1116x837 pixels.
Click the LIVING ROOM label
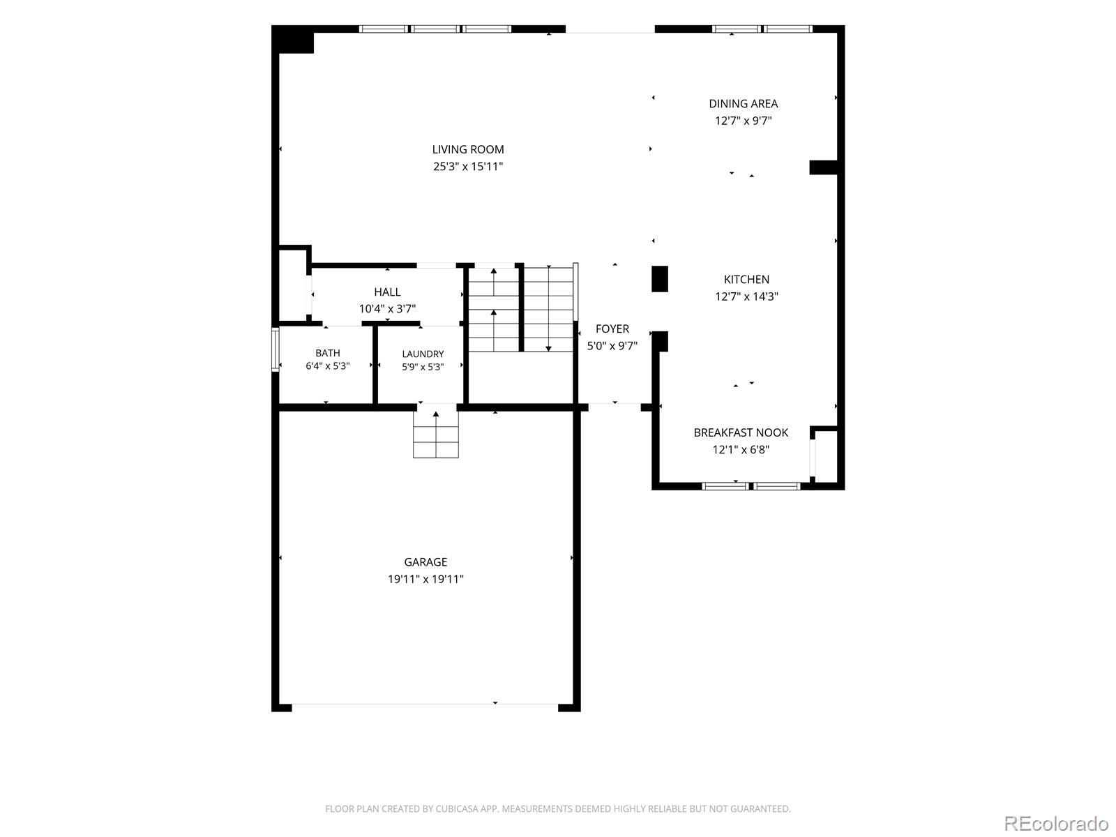(x=468, y=149)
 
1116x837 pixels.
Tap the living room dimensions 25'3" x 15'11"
(x=468, y=167)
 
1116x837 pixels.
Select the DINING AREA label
(x=744, y=104)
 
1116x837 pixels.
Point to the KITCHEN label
(x=746, y=280)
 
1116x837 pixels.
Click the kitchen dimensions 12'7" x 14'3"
(x=746, y=296)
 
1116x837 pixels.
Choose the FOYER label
(x=612, y=329)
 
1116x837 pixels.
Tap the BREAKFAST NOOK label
(x=741, y=432)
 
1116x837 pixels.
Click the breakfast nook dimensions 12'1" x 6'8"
(x=741, y=450)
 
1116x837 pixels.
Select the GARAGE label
(x=425, y=562)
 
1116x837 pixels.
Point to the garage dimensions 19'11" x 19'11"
(x=425, y=579)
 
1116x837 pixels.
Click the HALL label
(x=387, y=292)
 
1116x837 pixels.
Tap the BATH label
(x=327, y=353)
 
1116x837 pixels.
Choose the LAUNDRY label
(x=423, y=354)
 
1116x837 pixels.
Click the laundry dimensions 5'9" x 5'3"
(x=423, y=367)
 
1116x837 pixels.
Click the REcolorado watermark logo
(x=1056, y=823)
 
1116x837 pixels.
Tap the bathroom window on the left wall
(x=275, y=349)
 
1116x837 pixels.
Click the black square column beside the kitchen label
(x=660, y=279)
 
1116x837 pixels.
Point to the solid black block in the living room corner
(x=293, y=40)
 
